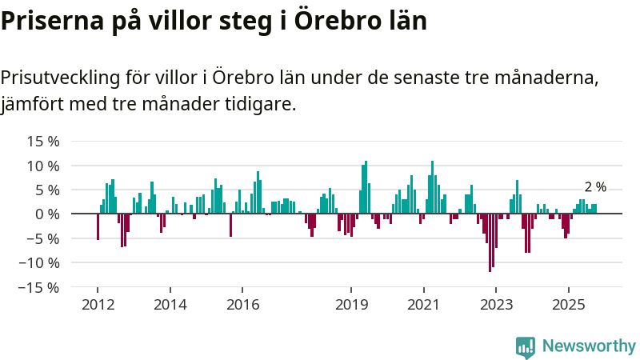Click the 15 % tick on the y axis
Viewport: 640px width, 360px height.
[x=44, y=142]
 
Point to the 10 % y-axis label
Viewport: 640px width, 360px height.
[x=44, y=166]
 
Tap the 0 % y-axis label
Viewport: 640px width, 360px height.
[x=47, y=214]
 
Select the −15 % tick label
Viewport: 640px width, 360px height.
[x=41, y=286]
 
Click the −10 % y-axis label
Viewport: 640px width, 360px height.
[x=41, y=262]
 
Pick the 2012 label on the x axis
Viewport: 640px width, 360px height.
[x=98, y=304]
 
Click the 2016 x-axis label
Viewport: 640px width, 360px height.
[x=242, y=304]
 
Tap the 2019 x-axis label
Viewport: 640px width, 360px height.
[x=351, y=304]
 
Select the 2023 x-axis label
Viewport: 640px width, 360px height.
[x=496, y=304]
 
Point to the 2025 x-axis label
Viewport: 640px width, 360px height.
[x=568, y=304]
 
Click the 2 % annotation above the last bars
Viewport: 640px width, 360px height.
[x=595, y=187]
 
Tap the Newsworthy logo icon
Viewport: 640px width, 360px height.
[x=526, y=346]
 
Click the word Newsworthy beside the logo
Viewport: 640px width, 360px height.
[x=589, y=346]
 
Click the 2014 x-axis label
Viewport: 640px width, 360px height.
[x=170, y=304]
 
